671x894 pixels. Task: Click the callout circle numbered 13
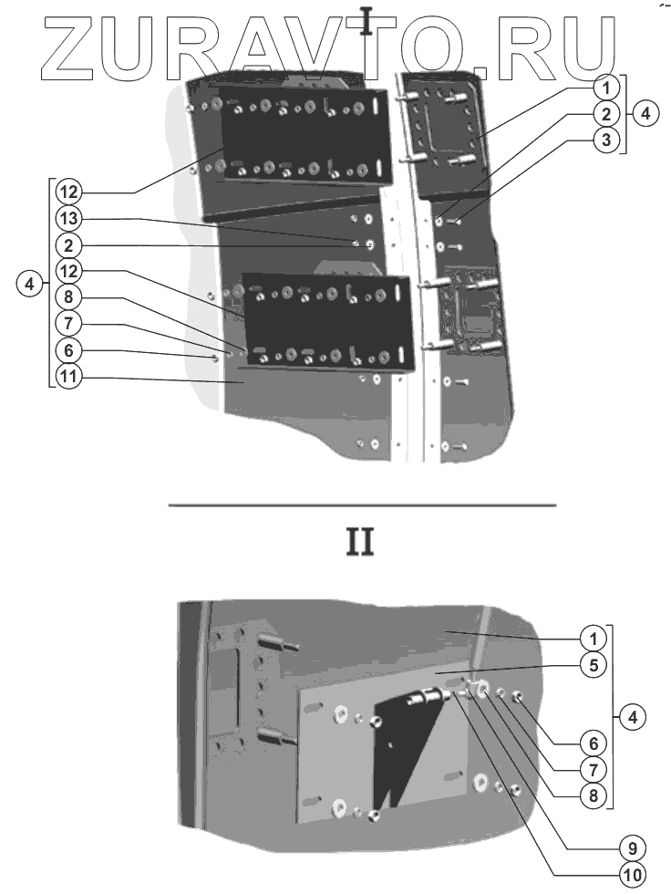[67, 219]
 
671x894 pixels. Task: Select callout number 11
[67, 377]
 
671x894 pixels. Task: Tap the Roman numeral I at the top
[366, 20]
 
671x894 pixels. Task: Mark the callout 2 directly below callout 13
[67, 244]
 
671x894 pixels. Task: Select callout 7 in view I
[67, 323]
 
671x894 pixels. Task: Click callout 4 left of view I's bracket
[29, 284]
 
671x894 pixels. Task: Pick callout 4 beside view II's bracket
[644, 718]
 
